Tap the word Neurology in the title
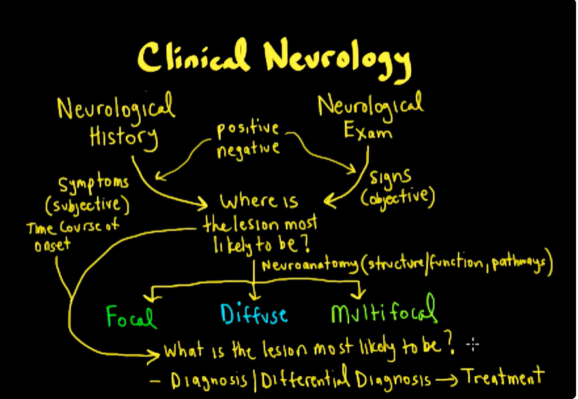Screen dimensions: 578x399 (338, 59)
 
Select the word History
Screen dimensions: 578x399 (124, 138)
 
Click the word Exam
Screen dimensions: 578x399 (368, 130)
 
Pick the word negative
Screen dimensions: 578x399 (248, 149)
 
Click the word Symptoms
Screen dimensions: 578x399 (94, 184)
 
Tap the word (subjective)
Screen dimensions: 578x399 (87, 205)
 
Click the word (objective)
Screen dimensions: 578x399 (397, 198)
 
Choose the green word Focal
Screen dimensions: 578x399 (131, 316)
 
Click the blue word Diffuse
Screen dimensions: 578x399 (254, 314)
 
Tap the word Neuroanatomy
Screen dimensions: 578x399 (310, 265)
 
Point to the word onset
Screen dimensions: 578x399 (52, 244)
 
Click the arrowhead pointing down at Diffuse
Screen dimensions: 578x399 (254, 295)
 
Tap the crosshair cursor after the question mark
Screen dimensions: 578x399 (472, 345)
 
